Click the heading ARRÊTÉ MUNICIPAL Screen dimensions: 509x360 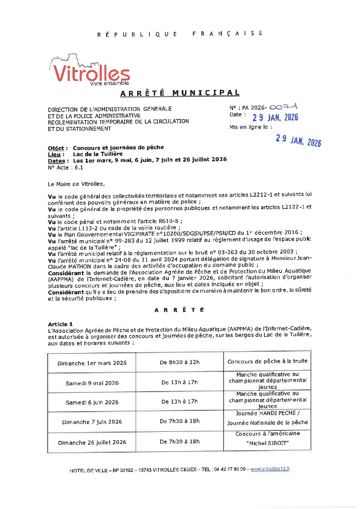(x=180, y=93)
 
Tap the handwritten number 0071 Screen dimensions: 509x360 (x=283, y=107)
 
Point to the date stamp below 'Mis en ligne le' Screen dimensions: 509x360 (x=298, y=140)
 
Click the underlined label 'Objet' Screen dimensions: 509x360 (x=56, y=148)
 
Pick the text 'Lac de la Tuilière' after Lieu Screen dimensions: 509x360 (x=98, y=154)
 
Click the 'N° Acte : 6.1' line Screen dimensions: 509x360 (x=65, y=167)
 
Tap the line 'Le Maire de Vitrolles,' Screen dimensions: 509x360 (x=76, y=184)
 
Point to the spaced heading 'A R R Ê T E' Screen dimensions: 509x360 (x=179, y=310)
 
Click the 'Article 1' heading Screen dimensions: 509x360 (x=60, y=324)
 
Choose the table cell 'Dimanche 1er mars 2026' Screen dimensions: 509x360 (x=92, y=363)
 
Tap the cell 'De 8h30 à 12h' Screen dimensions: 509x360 (x=180, y=362)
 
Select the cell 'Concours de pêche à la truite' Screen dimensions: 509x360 (x=267, y=361)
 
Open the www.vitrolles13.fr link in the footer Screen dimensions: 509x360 (x=270, y=469)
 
